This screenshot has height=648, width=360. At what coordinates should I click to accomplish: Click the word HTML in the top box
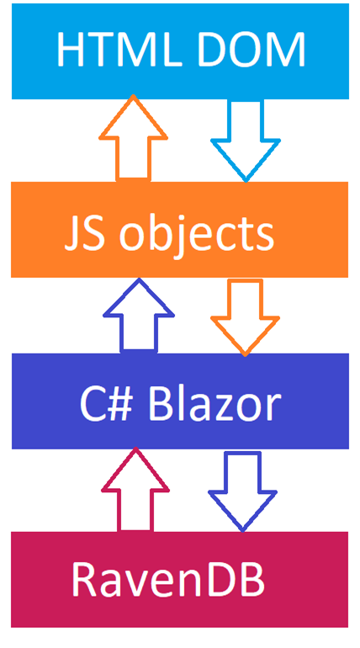[119, 50]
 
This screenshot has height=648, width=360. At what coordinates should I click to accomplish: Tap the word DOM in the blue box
[251, 50]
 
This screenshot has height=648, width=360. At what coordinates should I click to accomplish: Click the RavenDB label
[168, 579]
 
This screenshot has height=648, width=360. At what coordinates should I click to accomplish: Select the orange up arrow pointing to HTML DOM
[133, 138]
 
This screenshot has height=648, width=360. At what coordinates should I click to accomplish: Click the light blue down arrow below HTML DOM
[246, 141]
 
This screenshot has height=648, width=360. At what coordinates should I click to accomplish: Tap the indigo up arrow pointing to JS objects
[139, 316]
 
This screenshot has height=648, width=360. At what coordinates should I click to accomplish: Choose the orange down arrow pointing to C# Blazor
[246, 317]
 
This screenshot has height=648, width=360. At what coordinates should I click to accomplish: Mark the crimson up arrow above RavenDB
[135, 490]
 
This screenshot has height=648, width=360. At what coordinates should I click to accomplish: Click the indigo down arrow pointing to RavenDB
[243, 491]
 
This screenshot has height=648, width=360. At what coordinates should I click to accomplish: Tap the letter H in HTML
[71, 50]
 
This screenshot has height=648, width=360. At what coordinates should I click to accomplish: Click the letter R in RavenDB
[85, 579]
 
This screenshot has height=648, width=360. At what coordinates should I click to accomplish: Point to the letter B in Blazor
[160, 406]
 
